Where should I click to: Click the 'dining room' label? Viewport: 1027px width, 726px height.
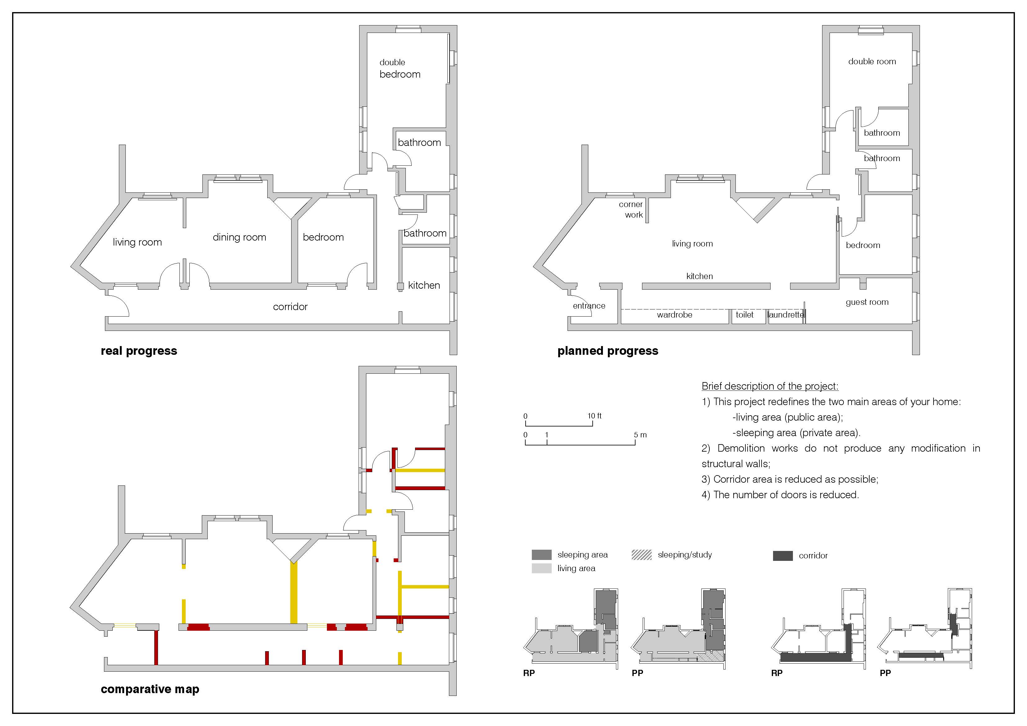tap(239, 237)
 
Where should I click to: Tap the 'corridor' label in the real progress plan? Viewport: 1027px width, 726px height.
tap(290, 306)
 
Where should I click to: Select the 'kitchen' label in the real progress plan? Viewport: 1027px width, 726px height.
tap(424, 285)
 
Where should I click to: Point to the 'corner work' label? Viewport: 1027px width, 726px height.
tap(631, 209)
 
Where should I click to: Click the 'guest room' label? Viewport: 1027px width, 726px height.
tap(867, 302)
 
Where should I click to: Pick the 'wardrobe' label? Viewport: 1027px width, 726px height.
tap(675, 314)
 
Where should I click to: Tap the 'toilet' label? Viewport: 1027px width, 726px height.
tap(745, 314)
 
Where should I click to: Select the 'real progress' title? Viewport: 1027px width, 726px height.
tap(139, 351)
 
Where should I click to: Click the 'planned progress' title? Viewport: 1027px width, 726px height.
tap(608, 351)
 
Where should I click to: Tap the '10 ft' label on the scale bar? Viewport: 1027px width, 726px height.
tap(595, 416)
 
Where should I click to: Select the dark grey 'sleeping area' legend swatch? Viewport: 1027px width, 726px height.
tap(541, 555)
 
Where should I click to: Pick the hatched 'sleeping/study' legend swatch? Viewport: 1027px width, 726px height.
tap(641, 555)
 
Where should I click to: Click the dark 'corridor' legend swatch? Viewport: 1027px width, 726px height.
tap(783, 556)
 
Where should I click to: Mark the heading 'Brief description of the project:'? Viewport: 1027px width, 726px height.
tap(770, 386)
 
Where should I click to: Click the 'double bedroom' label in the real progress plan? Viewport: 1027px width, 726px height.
tap(400, 68)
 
